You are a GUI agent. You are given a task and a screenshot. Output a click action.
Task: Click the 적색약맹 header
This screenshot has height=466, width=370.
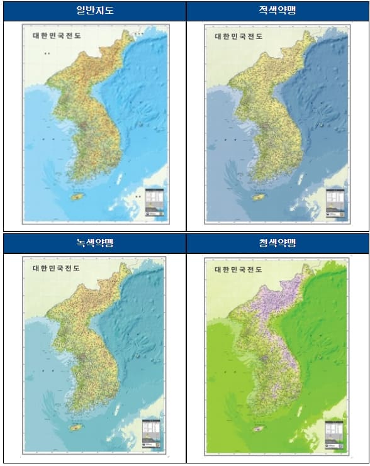(x=277, y=11)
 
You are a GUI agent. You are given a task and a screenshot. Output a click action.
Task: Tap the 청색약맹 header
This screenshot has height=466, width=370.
(x=277, y=243)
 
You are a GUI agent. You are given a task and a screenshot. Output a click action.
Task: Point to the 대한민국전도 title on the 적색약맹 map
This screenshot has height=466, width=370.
(x=240, y=37)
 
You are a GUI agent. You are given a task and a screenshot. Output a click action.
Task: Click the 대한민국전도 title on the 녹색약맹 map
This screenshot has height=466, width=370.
(x=58, y=269)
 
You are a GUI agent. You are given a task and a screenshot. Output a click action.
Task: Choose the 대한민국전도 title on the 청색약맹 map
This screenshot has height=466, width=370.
(x=240, y=269)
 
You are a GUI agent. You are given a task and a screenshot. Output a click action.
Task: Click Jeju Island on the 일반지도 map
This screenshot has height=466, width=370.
(x=77, y=197)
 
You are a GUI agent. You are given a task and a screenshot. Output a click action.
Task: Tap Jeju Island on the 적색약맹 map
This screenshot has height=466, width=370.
(x=259, y=197)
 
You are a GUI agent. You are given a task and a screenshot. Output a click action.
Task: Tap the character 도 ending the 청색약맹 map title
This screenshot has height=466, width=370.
(x=261, y=269)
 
